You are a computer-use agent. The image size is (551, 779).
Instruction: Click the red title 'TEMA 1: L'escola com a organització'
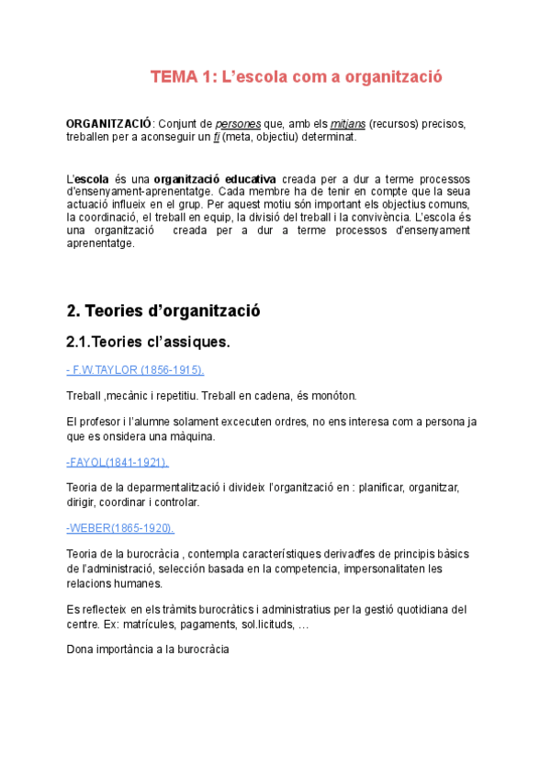(x=297, y=77)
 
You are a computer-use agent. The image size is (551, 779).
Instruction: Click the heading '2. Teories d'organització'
(x=163, y=310)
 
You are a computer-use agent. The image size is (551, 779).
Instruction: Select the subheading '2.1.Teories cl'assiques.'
(x=148, y=343)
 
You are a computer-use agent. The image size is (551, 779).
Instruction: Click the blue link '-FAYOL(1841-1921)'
(x=118, y=461)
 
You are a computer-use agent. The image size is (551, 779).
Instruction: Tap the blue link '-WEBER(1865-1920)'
(x=120, y=528)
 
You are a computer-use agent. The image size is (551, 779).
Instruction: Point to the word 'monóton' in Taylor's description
(x=332, y=395)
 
